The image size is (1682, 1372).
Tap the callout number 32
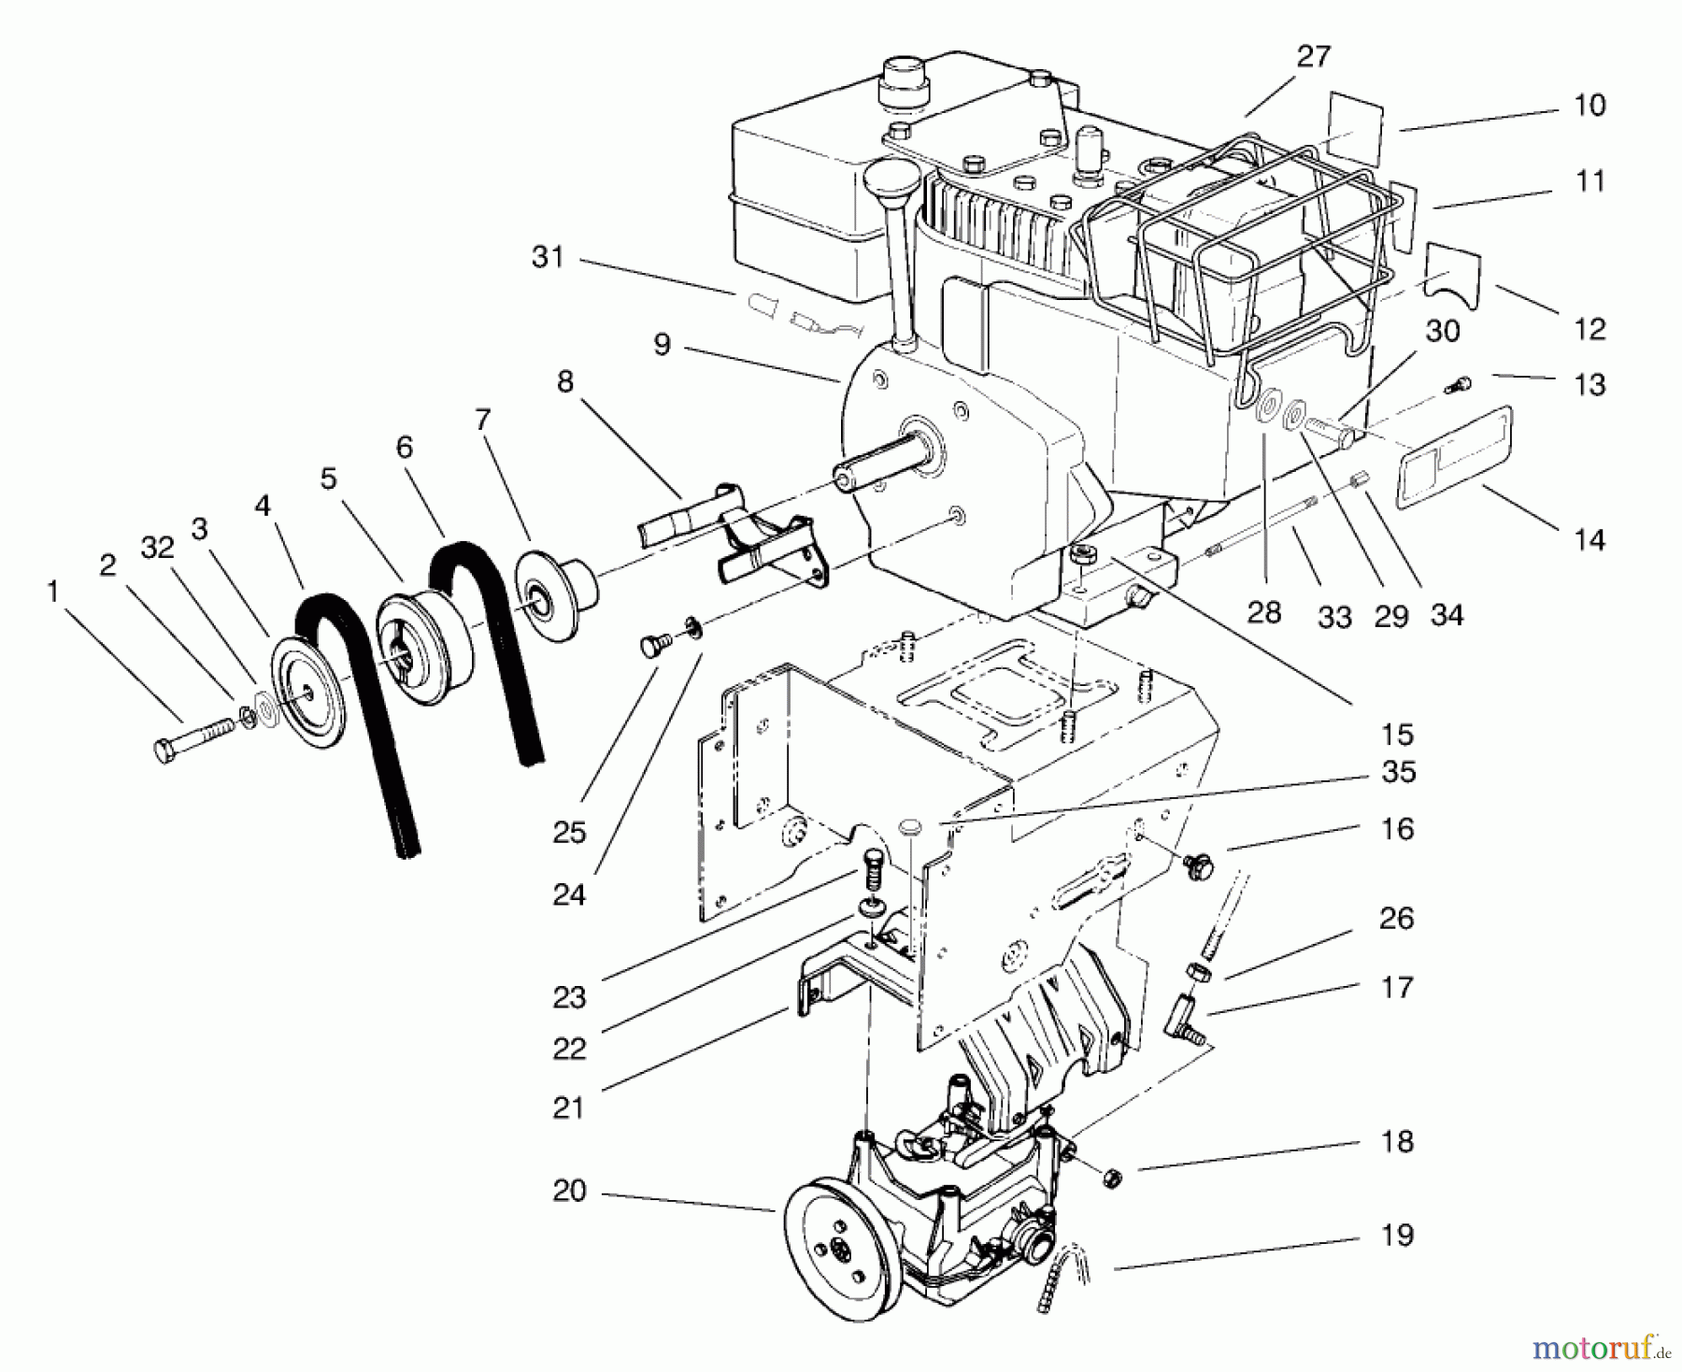pos(158,548)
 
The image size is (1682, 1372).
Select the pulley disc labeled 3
pos(308,693)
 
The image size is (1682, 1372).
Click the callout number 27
pos(1313,57)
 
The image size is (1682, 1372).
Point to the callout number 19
pos(1397,1235)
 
